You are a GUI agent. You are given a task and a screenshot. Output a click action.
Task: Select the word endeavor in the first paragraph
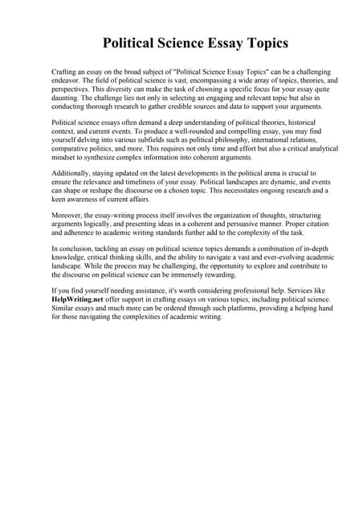point(69,81)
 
